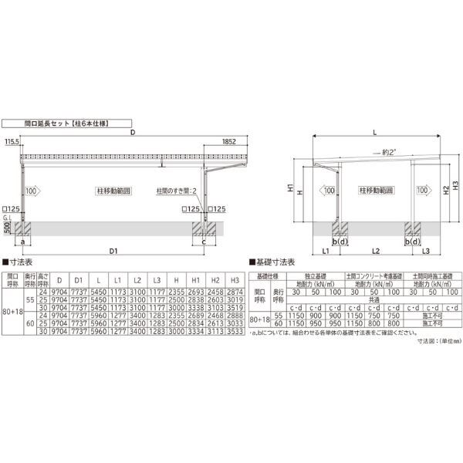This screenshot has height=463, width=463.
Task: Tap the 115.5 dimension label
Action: (12, 142)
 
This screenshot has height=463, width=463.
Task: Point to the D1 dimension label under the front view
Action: (113, 252)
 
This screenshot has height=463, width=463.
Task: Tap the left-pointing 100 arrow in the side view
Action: (328, 190)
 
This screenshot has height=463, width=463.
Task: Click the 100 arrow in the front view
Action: (32, 190)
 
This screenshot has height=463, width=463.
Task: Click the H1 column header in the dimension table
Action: (195, 279)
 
